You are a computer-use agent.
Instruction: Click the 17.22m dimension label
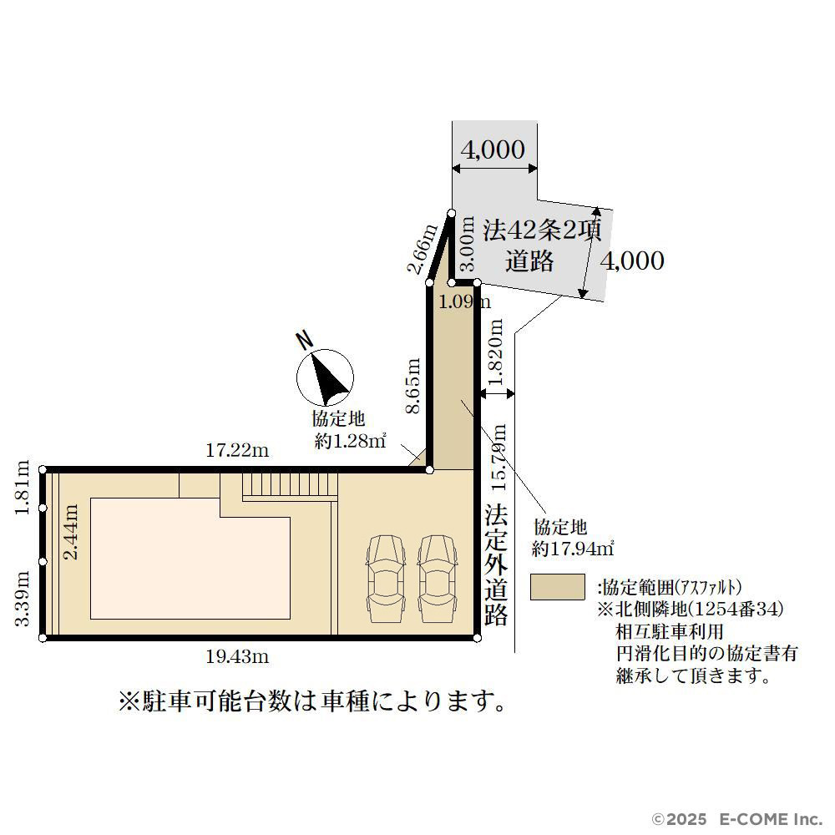coord(237,451)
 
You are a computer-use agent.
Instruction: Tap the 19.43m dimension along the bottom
coord(237,656)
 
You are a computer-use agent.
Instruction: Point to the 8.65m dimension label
coord(412,386)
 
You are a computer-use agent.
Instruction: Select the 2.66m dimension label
coord(423,249)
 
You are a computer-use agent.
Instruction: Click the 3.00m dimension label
coord(467,243)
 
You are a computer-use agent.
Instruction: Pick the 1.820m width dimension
coord(495,352)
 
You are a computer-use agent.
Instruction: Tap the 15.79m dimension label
coord(499,457)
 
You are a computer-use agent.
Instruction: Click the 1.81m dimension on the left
coord(22,488)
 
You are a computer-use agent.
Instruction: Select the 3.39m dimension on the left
coord(22,599)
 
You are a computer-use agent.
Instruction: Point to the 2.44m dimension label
coord(70,531)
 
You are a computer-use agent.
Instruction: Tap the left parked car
coord(386,579)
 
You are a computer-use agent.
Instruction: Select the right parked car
coord(438,579)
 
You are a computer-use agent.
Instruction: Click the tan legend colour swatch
coord(558,587)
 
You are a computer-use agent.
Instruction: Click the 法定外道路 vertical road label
coord(496,565)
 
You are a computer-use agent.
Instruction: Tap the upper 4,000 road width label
coord(493,149)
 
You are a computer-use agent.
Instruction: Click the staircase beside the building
coord(291,486)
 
